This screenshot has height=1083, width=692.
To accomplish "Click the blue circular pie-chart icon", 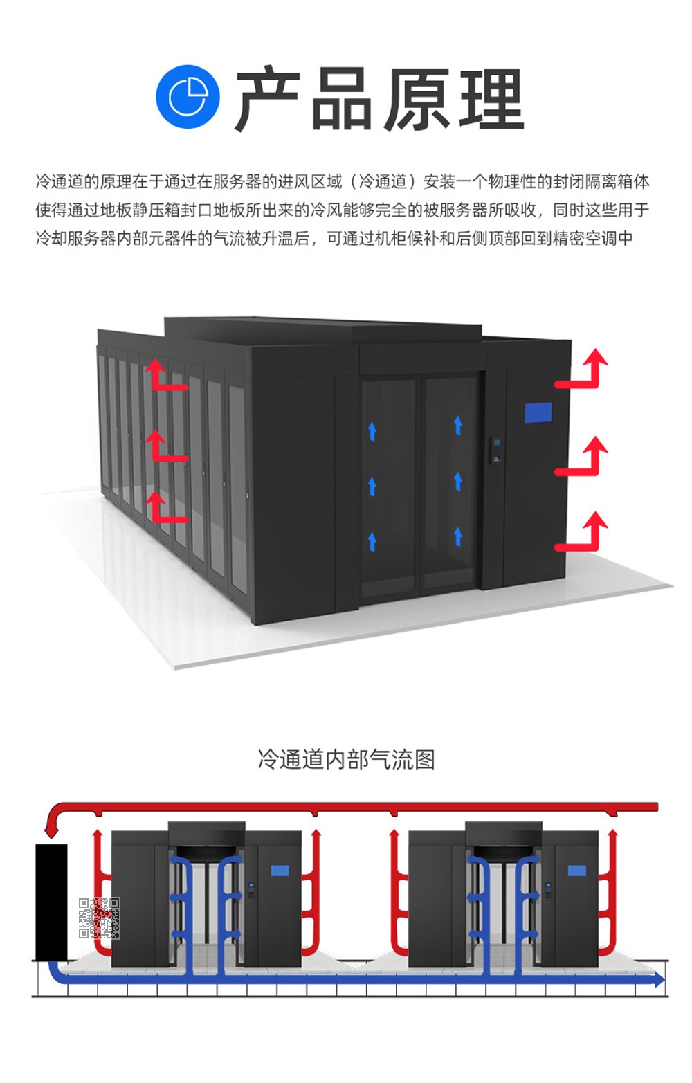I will [188, 97].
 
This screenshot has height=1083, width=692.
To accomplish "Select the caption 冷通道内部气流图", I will [346, 759].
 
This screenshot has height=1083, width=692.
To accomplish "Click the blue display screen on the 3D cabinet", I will [538, 412].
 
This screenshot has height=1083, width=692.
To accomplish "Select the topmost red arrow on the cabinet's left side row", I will [163, 375].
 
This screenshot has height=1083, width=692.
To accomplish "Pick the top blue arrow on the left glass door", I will [372, 431].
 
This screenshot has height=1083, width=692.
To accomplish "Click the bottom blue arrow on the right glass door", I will [457, 536].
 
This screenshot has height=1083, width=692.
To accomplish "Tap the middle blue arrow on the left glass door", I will [372, 486].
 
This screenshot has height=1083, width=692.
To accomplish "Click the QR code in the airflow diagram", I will [99, 918].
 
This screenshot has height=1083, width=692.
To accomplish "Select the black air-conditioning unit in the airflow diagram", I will [51, 901].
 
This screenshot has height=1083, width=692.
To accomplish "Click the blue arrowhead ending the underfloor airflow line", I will [659, 979].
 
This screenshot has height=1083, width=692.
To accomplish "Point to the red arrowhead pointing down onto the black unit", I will [51, 829].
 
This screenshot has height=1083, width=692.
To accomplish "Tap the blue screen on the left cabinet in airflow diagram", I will [280, 871].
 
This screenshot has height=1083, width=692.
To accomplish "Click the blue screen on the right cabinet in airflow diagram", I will [576, 871].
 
